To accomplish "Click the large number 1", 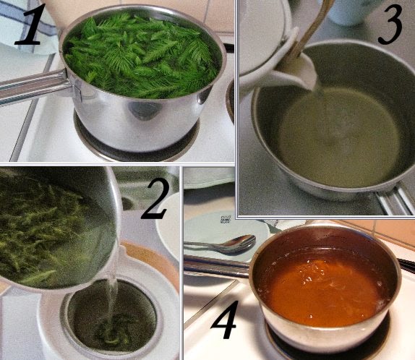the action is (x=29, y=26).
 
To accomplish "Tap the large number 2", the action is (x=155, y=199).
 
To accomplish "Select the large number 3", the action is (x=390, y=25).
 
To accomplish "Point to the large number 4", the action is (x=223, y=320).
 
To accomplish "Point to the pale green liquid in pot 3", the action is (x=339, y=137).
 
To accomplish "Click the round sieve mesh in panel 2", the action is (x=111, y=317).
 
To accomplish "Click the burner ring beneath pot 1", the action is (x=137, y=148).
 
